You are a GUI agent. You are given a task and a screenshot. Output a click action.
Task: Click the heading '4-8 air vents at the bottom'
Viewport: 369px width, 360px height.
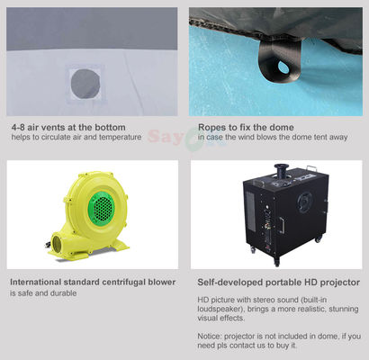click(68, 126)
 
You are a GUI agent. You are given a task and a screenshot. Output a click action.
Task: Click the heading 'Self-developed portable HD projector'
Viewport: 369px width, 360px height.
click(278, 282)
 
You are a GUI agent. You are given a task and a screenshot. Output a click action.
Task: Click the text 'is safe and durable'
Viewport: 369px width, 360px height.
click(44, 293)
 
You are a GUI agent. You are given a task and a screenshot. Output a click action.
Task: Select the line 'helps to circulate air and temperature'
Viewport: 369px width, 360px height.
click(76, 137)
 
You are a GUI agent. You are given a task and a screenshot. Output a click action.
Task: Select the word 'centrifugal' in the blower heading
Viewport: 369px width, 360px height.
click(124, 282)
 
